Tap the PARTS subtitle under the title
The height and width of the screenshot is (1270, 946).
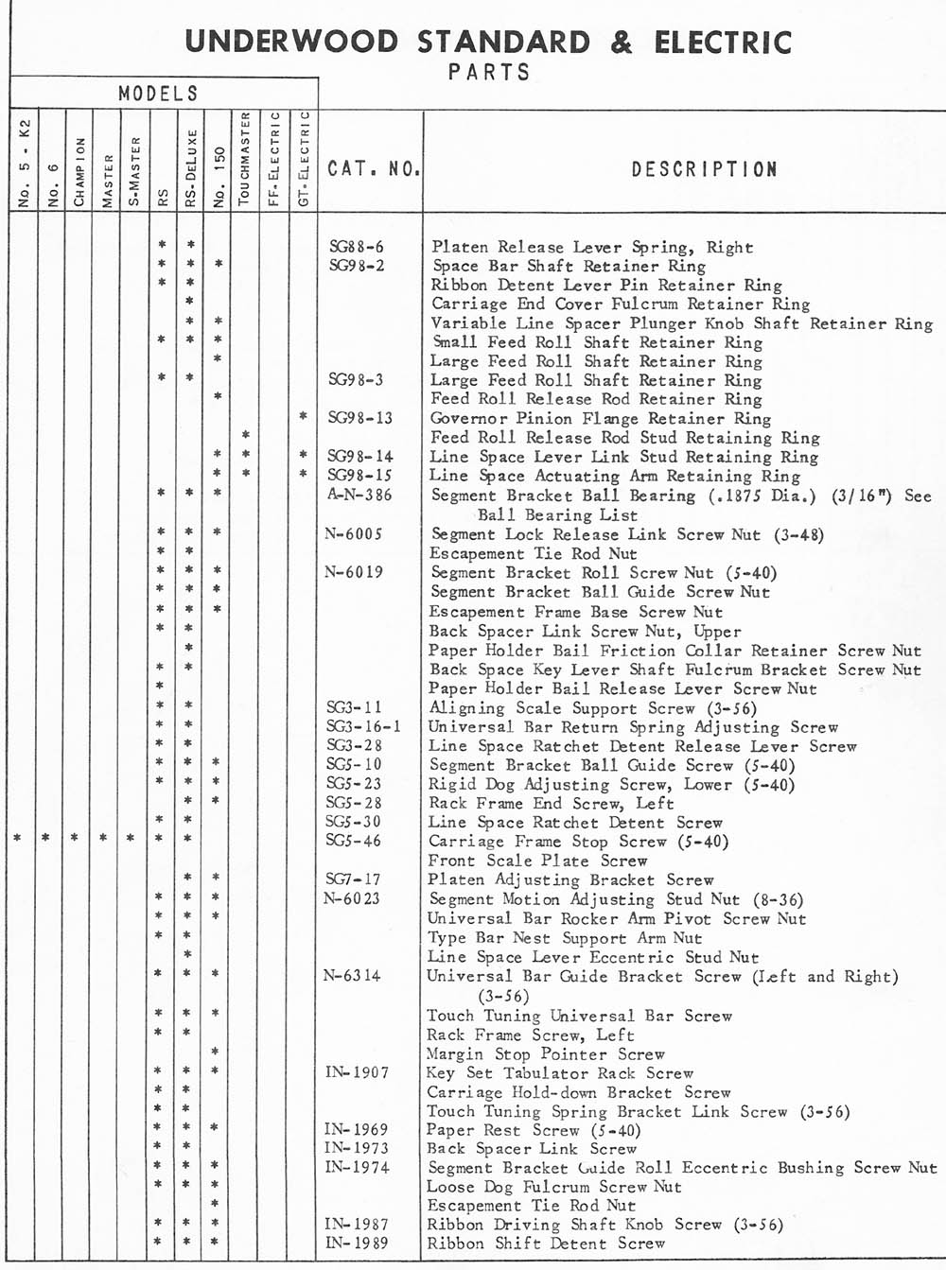pyautogui.click(x=489, y=72)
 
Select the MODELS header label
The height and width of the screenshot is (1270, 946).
pyautogui.click(x=159, y=94)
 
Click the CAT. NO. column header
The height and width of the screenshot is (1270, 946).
pyautogui.click(x=373, y=169)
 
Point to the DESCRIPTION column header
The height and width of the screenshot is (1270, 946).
pyautogui.click(x=704, y=169)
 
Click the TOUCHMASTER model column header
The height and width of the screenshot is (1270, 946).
pyautogui.click(x=244, y=159)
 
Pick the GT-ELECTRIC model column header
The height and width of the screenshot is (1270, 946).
pyautogui.click(x=304, y=159)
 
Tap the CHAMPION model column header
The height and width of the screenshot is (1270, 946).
pyautogui.click(x=80, y=171)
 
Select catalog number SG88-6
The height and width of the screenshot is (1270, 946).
pyautogui.click(x=356, y=248)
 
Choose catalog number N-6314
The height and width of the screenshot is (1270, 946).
pyautogui.click(x=352, y=976)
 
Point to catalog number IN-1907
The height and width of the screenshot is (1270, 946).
pyautogui.click(x=356, y=1072)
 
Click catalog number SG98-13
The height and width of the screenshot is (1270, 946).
pyautogui.click(x=359, y=418)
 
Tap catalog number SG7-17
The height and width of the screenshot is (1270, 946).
pyautogui.click(x=354, y=879)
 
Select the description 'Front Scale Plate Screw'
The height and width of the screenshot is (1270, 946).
pyautogui.click(x=537, y=861)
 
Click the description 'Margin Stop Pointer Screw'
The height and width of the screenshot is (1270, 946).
pyautogui.click(x=545, y=1053)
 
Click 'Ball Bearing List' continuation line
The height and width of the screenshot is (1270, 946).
pyautogui.click(x=557, y=514)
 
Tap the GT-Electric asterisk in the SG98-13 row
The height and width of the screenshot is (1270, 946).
pyautogui.click(x=303, y=416)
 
